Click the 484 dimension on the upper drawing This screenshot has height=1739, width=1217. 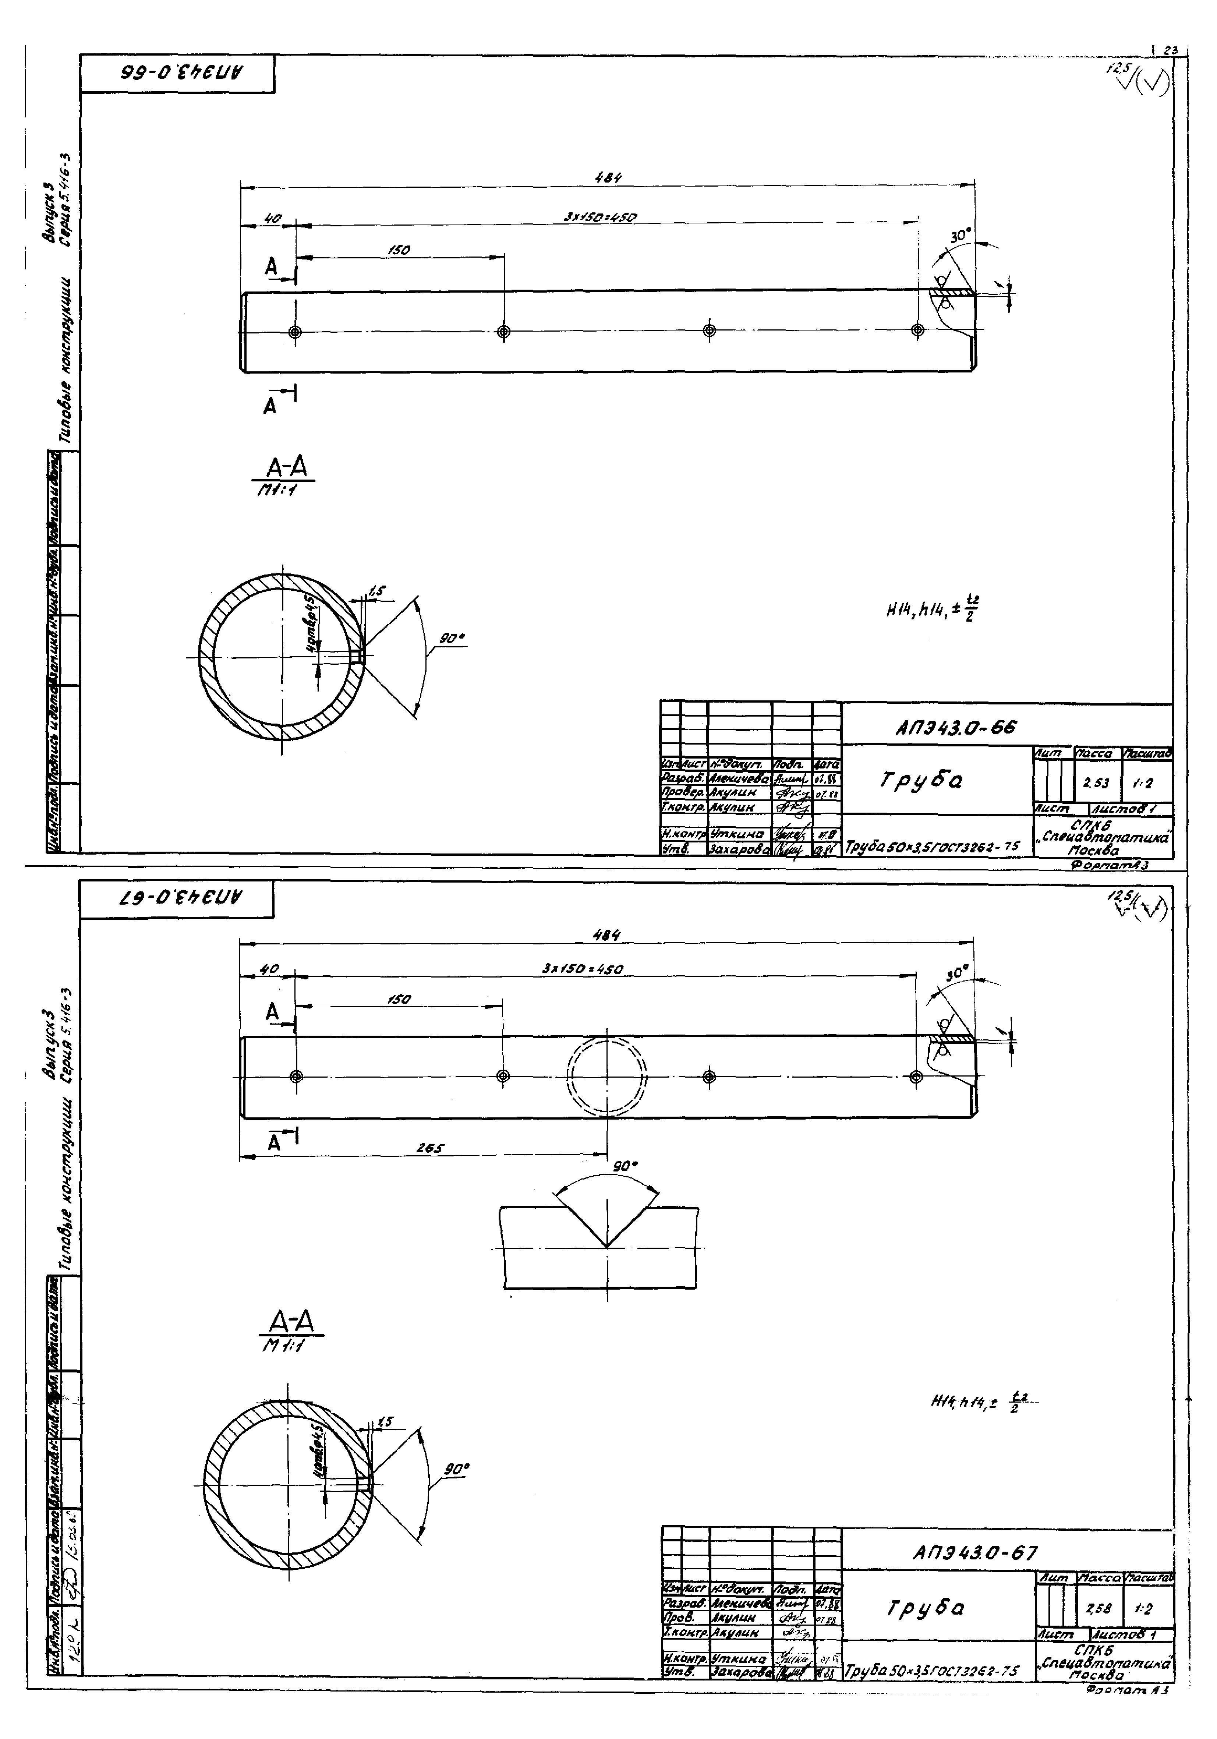(607, 178)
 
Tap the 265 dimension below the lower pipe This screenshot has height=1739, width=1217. (429, 1148)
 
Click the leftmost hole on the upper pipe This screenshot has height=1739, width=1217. (296, 332)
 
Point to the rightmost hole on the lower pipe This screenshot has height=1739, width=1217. (916, 1076)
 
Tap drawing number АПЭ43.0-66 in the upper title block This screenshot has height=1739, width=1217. (956, 728)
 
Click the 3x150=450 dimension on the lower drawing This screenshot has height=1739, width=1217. (583, 969)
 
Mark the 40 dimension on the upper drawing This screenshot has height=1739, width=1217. (272, 219)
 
